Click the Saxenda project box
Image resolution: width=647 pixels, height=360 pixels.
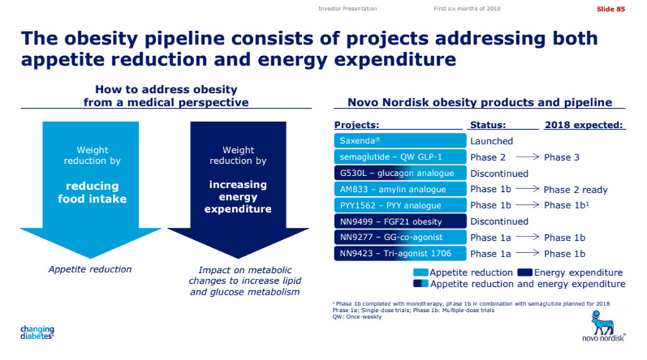[x=400, y=142]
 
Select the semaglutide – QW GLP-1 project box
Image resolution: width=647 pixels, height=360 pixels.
[x=400, y=157]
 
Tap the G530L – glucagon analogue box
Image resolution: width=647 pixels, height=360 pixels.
[x=400, y=173]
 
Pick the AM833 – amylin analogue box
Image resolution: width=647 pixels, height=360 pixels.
[x=400, y=190]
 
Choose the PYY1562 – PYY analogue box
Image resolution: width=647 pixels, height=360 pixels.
[x=400, y=206]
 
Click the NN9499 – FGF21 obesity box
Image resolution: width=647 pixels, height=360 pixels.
[x=400, y=221]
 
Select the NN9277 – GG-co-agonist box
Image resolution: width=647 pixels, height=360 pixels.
[x=400, y=237]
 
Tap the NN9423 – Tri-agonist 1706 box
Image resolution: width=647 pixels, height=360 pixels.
[x=400, y=253]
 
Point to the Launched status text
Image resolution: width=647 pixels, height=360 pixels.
[x=492, y=142]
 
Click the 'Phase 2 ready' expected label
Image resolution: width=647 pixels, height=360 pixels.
[x=576, y=190]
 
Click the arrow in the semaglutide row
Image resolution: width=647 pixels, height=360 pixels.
[x=524, y=157]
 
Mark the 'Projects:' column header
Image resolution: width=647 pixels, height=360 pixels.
[x=357, y=124]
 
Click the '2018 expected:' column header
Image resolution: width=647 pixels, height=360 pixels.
[x=584, y=124]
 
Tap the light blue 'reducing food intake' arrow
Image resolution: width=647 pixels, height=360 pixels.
[x=91, y=187]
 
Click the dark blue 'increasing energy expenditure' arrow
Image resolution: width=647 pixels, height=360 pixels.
[x=238, y=187]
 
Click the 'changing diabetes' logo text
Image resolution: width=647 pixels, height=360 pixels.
[x=36, y=332]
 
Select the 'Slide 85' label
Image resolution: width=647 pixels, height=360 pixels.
[x=610, y=8]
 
